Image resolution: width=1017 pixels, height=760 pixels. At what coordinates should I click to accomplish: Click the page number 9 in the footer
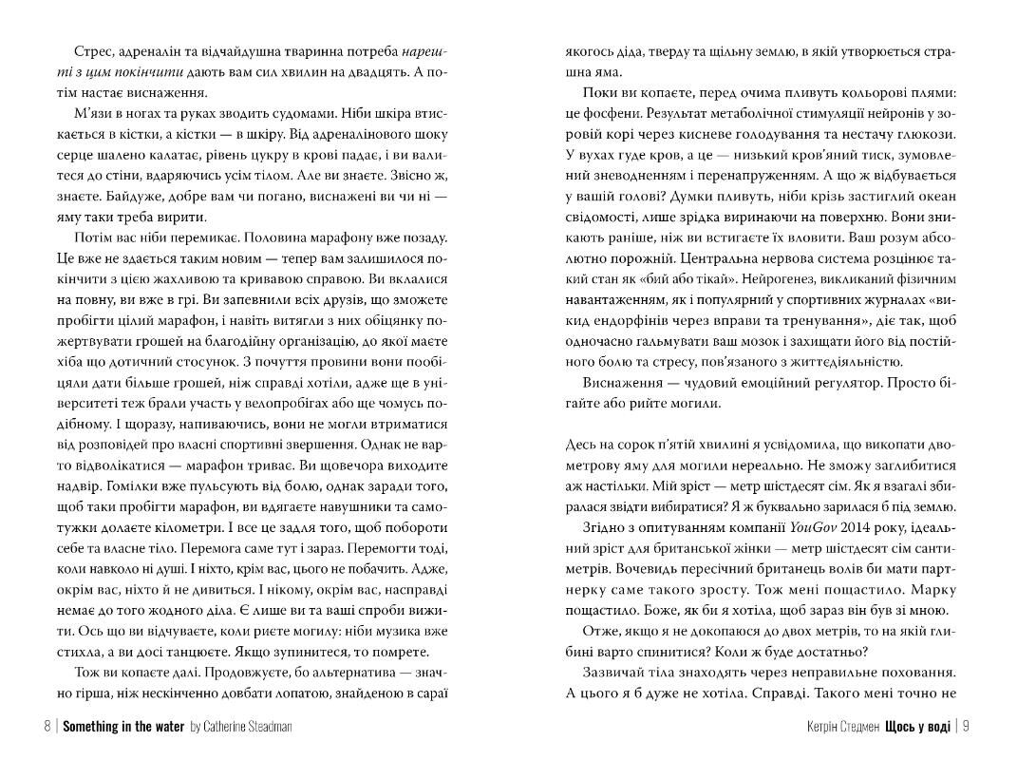click(965, 727)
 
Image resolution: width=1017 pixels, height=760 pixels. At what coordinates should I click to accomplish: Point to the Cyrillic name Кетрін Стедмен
click(840, 727)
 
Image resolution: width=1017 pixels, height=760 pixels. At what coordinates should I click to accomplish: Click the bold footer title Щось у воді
click(916, 727)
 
